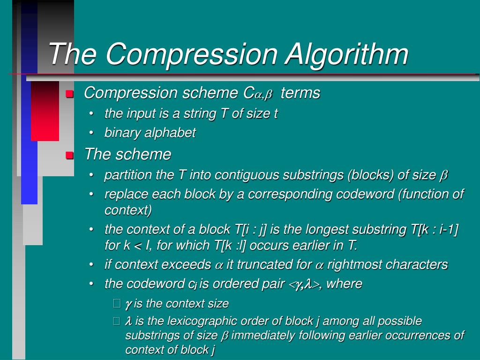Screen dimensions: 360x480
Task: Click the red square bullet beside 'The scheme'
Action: point(70,155)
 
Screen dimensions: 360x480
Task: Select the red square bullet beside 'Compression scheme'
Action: point(70,94)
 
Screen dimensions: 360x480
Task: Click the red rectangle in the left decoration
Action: point(45,111)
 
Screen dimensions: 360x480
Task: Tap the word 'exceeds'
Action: point(186,265)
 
